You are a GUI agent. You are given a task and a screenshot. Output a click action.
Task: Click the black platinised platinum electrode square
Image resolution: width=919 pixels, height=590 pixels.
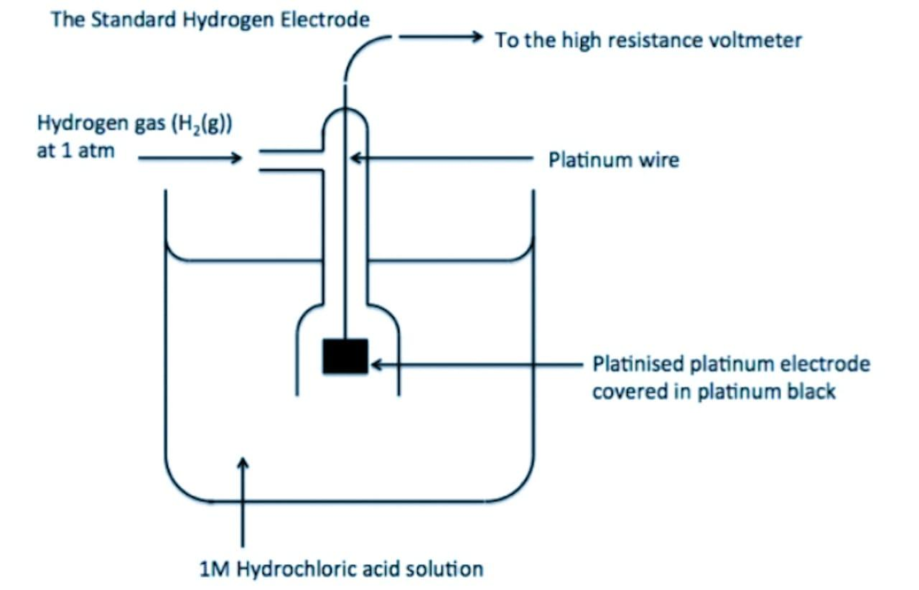pyautogui.click(x=345, y=357)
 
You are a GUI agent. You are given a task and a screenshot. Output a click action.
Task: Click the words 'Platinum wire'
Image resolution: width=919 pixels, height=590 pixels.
pyautogui.click(x=613, y=159)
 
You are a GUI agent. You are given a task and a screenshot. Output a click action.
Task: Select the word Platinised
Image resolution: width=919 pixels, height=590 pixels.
pyautogui.click(x=638, y=365)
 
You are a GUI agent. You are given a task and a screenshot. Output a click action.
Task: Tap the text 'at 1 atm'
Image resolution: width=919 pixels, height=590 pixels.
pyautogui.click(x=75, y=152)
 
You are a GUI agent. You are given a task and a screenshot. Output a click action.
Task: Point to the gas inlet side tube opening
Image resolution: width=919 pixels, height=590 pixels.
pyautogui.click(x=260, y=161)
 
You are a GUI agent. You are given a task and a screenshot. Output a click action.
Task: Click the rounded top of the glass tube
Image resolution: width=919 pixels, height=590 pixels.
pyautogui.click(x=345, y=113)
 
